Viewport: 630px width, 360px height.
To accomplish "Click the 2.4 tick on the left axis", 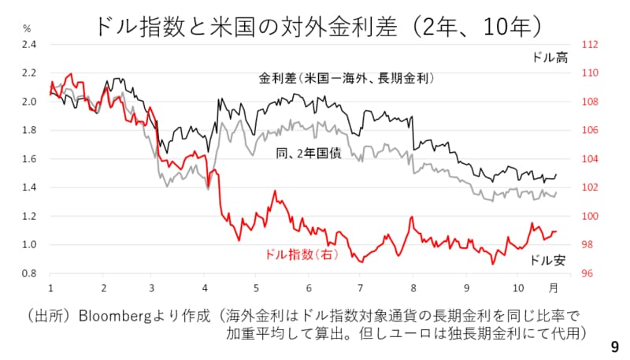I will [x=29, y=45].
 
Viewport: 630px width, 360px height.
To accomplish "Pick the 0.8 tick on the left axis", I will [x=29, y=273].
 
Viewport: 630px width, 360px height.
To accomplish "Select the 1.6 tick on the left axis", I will [x=29, y=159].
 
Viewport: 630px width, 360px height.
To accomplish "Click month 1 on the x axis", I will [x=50, y=288].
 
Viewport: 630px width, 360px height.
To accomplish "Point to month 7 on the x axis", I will [x=360, y=288].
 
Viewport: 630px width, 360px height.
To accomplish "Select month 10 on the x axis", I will [x=517, y=288].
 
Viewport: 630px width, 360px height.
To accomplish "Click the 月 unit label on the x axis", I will [x=554, y=288].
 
